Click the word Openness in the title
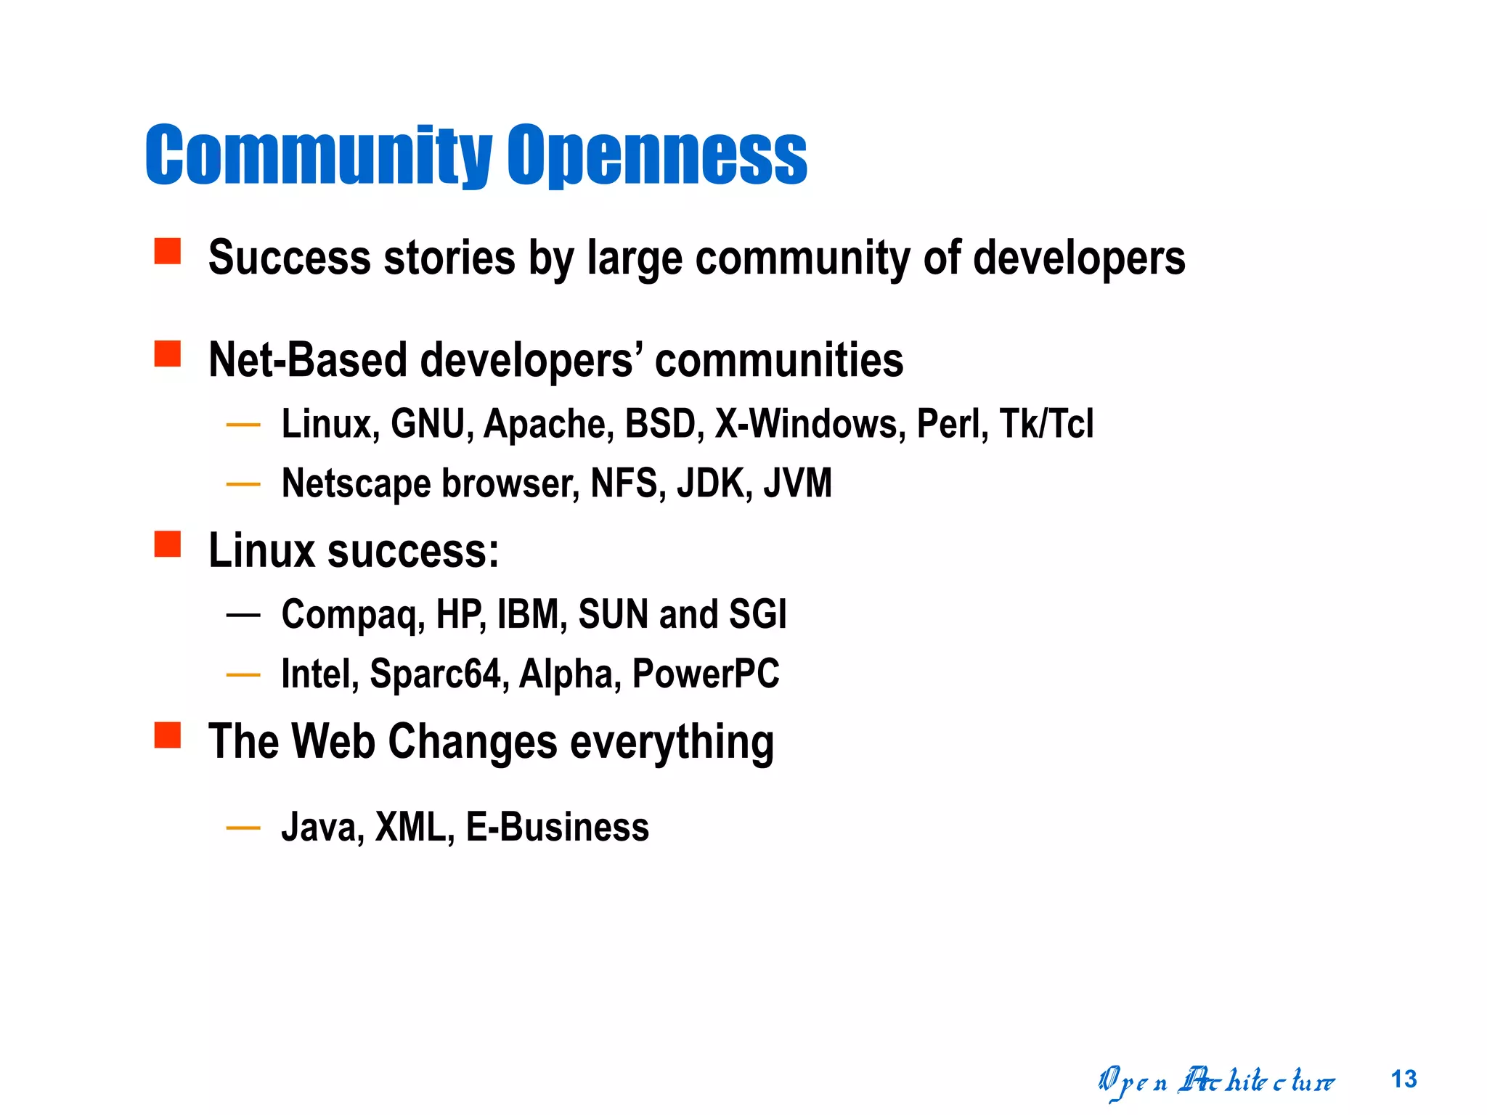656,155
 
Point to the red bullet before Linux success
168,544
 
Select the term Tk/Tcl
1046,424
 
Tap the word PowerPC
706,674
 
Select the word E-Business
557,828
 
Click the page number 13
1404,1079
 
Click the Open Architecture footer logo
1216,1082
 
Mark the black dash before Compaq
243,616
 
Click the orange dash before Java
243,828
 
